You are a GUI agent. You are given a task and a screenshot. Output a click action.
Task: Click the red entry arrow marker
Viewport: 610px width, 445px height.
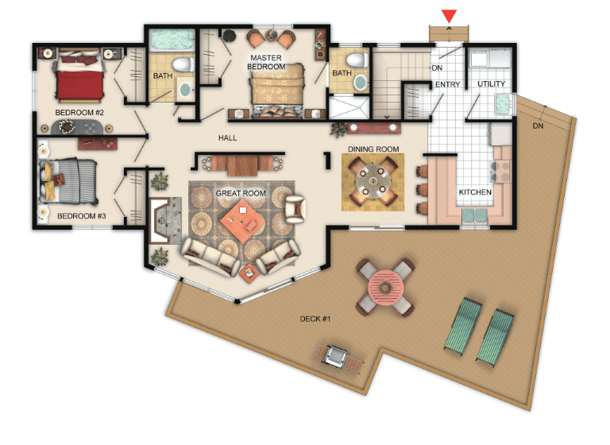(x=449, y=17)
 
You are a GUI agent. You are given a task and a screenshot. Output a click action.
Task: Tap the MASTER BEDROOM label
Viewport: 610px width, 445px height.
(x=266, y=62)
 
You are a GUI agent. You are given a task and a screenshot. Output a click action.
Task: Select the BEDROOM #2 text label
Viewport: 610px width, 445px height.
(x=79, y=113)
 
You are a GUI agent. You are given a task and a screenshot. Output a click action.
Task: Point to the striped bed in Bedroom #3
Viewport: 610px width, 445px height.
(x=68, y=181)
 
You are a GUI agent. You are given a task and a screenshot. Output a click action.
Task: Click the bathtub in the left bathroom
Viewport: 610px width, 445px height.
(x=172, y=40)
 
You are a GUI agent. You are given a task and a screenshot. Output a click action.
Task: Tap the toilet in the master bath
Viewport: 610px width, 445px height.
(x=357, y=60)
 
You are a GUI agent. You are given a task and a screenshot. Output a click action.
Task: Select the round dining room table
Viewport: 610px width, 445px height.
(x=373, y=181)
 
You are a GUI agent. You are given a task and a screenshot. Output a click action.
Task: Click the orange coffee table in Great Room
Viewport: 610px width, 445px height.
(x=243, y=221)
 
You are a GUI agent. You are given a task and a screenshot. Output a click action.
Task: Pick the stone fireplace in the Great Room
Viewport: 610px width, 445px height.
(x=166, y=221)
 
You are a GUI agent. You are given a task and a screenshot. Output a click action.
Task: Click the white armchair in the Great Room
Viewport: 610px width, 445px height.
(x=295, y=209)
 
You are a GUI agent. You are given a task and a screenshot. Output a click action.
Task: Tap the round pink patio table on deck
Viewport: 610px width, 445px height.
(x=386, y=288)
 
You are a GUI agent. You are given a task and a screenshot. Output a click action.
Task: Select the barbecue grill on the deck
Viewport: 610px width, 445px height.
(x=336, y=356)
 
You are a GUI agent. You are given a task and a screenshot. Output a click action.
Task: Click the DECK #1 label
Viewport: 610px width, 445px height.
(x=315, y=319)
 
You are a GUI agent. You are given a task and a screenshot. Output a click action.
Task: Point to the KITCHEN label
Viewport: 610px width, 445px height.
(x=475, y=192)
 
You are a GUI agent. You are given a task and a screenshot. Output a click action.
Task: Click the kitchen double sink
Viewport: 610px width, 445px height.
(x=475, y=215)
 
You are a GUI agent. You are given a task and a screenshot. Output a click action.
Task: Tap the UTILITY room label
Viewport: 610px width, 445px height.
(x=492, y=83)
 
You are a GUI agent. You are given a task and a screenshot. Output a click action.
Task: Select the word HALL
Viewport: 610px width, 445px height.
(x=228, y=137)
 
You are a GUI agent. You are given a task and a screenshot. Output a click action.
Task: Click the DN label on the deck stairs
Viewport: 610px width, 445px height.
(x=538, y=126)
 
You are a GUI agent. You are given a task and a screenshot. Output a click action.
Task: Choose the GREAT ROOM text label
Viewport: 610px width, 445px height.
(x=241, y=193)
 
